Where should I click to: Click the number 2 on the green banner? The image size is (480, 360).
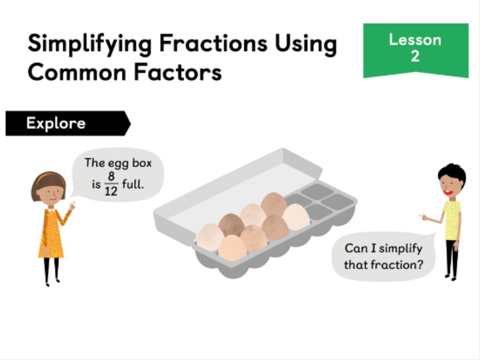[x=415, y=56]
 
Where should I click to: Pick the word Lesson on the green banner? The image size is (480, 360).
[x=415, y=40]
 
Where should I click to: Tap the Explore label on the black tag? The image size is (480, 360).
[x=56, y=123]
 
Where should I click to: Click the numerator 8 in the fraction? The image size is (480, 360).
[x=111, y=176]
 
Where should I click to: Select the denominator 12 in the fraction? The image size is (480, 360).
[x=111, y=191]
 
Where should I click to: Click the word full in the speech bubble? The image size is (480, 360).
[x=132, y=184]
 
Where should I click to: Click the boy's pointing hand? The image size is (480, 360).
[x=423, y=217]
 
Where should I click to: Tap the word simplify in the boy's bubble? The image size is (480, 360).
[x=401, y=248]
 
